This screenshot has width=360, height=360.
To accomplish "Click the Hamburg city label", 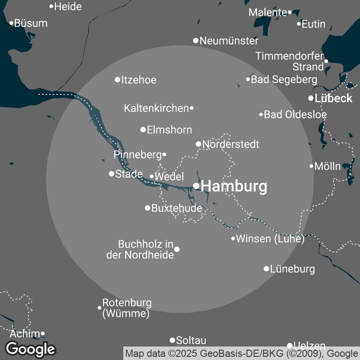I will pyautogui.click(x=234, y=186).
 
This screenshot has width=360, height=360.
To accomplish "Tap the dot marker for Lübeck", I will pyautogui.click(x=311, y=98).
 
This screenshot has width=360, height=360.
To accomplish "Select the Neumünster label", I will pyautogui.click(x=229, y=41).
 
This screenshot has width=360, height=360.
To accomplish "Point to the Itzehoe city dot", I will pyautogui.click(x=118, y=80).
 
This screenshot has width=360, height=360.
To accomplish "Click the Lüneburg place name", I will pyautogui.click(x=292, y=269).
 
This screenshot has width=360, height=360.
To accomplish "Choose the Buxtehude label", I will pyautogui.click(x=177, y=208).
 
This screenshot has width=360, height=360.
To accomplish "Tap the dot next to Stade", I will pyautogui.click(x=112, y=174).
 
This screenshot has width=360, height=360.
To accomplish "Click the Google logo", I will pyautogui.click(x=31, y=348).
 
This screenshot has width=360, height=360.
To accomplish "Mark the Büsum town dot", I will pyautogui.click(x=12, y=23).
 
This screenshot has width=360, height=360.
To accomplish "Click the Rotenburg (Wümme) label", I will pyautogui.click(x=127, y=308).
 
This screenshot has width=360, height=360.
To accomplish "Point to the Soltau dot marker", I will pyautogui.click(x=172, y=340).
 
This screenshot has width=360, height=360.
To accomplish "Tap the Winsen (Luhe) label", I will pyautogui.click(x=270, y=239).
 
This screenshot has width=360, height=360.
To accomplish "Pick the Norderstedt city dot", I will pyautogui.click(x=198, y=144).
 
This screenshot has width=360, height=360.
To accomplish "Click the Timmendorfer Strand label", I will pyautogui.click(x=290, y=62).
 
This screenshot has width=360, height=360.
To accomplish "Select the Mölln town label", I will pyautogui.click(x=328, y=166).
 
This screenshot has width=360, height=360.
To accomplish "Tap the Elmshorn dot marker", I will pyautogui.click(x=143, y=130).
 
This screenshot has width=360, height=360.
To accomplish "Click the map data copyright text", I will pyautogui.click(x=241, y=353).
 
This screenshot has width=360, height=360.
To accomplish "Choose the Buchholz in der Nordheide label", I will pyautogui.click(x=140, y=250).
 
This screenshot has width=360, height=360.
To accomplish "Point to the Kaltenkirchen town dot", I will pyautogui.click(x=192, y=108).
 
